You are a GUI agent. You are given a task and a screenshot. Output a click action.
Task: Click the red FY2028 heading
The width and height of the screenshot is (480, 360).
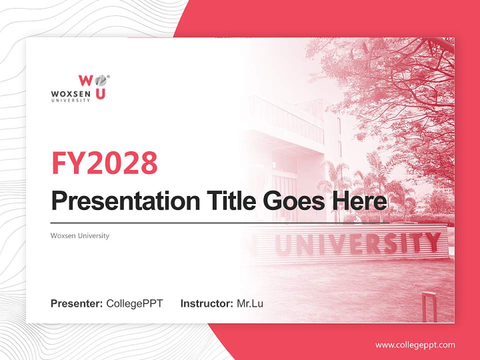pyautogui.click(x=104, y=163)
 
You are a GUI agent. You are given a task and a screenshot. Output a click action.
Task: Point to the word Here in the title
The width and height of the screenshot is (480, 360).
pyautogui.click(x=359, y=201)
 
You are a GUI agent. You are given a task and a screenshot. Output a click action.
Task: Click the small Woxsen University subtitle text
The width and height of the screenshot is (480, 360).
pyautogui.click(x=80, y=235)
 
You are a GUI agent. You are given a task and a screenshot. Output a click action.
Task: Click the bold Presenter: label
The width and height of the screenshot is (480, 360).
pyautogui.click(x=77, y=303)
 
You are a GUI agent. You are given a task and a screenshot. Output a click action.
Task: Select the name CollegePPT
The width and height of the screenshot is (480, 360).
pyautogui.click(x=134, y=303)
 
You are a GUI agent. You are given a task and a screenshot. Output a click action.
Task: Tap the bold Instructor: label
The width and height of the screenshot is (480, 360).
pyautogui.click(x=206, y=303)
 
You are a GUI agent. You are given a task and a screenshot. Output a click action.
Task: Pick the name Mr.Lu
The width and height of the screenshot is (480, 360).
pyautogui.click(x=250, y=303)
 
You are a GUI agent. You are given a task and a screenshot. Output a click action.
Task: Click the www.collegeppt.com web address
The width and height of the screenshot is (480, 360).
pyautogui.click(x=415, y=345)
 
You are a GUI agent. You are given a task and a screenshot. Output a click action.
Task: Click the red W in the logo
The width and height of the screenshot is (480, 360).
pyautogui.click(x=85, y=80)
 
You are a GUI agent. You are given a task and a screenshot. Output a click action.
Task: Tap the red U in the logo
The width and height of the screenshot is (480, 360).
pyautogui.click(x=100, y=93)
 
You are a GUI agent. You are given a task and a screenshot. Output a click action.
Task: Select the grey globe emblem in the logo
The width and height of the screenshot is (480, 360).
pyautogui.click(x=100, y=80)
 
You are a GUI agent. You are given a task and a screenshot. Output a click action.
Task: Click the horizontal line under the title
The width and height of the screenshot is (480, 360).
pyautogui.click(x=220, y=222)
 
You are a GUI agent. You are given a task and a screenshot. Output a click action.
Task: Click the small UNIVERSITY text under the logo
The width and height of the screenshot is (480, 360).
pyautogui.click(x=70, y=100)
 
